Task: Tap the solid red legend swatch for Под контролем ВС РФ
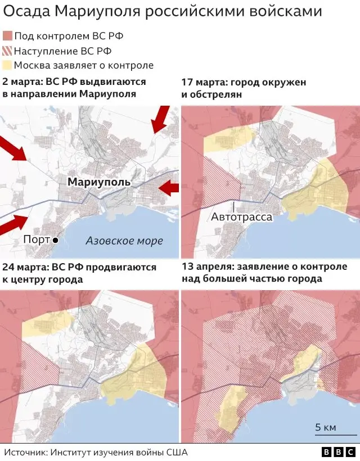coord(7,36)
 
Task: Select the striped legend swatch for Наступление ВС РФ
coord(7,51)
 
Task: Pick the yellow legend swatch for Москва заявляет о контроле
coord(7,65)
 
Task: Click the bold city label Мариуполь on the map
coord(98,182)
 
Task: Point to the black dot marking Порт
coord(56,240)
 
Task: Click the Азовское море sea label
coord(124,241)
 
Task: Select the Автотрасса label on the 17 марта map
coord(242,216)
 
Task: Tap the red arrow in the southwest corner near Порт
coord(12,225)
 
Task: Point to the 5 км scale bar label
coord(326,427)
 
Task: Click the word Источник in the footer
coord(25,452)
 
